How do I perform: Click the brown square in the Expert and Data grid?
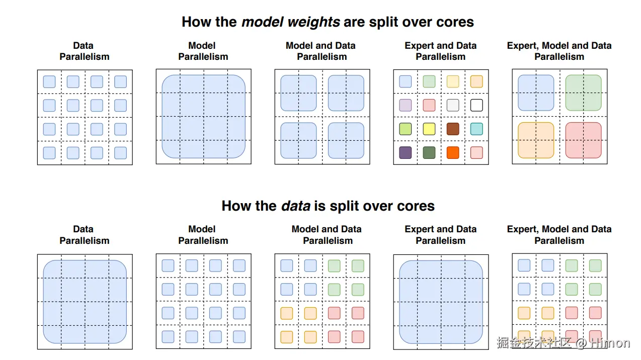[x=452, y=129]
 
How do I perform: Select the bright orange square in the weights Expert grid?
[x=452, y=152]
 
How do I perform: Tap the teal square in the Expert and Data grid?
[x=476, y=129]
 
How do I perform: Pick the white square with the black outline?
[x=476, y=105]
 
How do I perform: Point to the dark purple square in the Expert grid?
[x=405, y=152]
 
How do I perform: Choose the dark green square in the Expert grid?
[x=429, y=152]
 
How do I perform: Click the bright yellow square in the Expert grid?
[x=429, y=129]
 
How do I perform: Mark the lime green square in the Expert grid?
[x=405, y=129]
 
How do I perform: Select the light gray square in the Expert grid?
[x=452, y=105]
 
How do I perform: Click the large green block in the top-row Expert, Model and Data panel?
[x=583, y=93]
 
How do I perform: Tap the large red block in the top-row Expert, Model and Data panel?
[x=583, y=140]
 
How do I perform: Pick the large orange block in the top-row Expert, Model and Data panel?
[x=536, y=140]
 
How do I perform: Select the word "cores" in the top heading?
[x=455, y=22]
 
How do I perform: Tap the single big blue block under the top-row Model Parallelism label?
[x=203, y=116]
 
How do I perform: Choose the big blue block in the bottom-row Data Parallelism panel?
[x=85, y=301]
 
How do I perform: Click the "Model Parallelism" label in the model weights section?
[x=203, y=51]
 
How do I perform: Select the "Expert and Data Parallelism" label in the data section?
[x=440, y=235]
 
